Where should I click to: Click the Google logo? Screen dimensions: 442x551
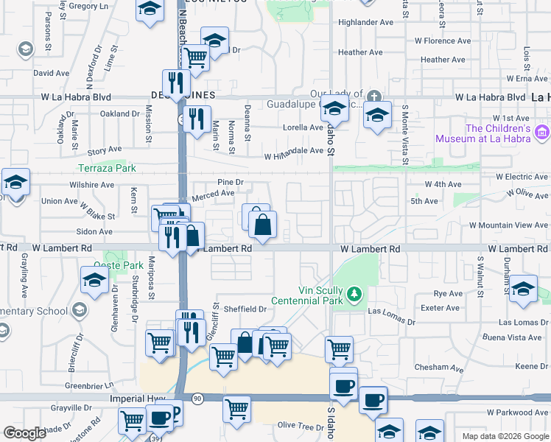coord(24,433)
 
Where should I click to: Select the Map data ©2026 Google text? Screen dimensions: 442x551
coord(505,436)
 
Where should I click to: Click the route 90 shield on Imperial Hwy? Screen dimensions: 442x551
coord(197,398)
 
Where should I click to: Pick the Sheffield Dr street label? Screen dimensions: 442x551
coord(244,309)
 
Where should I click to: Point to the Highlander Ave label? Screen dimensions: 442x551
coord(365,22)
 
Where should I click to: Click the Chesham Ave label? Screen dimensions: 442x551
coord(439,368)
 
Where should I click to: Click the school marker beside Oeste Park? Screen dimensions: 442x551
coord(95,281)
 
